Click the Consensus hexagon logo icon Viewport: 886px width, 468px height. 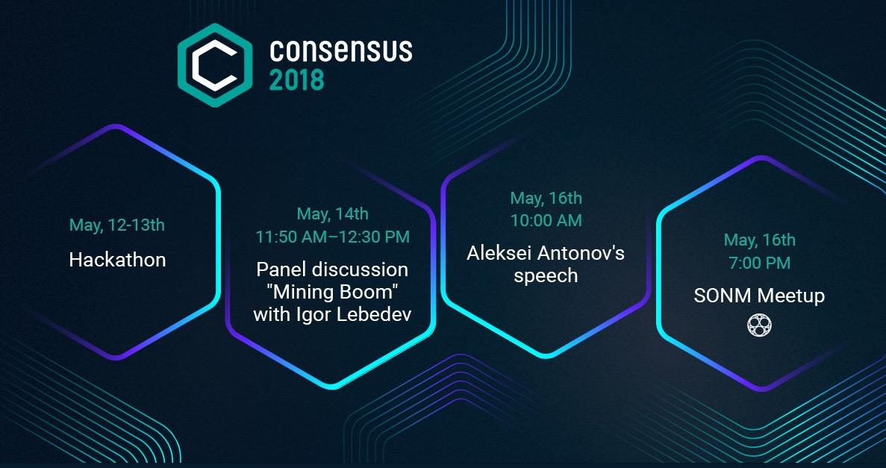pyautogui.click(x=215, y=65)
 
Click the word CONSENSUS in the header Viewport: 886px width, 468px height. pyautogui.click(x=340, y=51)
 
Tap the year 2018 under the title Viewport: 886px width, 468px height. pyautogui.click(x=296, y=81)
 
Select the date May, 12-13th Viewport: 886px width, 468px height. pyautogui.click(x=117, y=225)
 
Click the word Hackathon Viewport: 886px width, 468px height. pyautogui.click(x=117, y=260)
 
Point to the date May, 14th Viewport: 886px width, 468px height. pyautogui.click(x=333, y=214)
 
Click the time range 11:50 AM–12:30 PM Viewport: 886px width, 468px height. pyautogui.click(x=333, y=237)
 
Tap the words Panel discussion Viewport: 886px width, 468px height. pyautogui.click(x=332, y=269)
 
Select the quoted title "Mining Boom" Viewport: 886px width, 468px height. pyautogui.click(x=332, y=292)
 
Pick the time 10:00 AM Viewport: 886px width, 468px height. pyautogui.click(x=546, y=220)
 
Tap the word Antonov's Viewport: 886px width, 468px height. pyautogui.click(x=580, y=253)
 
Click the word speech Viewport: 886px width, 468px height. pyautogui.click(x=546, y=276)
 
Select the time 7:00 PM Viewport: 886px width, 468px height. pyautogui.click(x=760, y=262)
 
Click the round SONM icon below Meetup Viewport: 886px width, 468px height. pyautogui.click(x=759, y=325)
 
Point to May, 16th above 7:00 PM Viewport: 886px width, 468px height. pyautogui.click(x=759, y=240)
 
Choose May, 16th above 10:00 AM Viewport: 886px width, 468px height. pyautogui.click(x=546, y=198)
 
